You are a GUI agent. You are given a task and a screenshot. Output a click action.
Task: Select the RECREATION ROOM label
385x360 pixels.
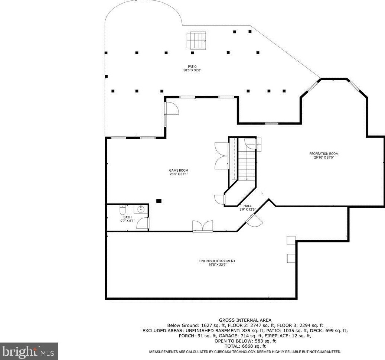(324, 154)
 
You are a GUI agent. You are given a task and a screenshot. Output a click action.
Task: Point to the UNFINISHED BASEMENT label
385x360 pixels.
(217, 261)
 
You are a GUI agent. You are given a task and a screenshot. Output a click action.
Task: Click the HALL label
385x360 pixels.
(247, 206)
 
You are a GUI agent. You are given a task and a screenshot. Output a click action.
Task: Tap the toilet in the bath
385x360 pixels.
(123, 211)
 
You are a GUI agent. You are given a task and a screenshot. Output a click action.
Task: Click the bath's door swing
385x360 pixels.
(143, 223)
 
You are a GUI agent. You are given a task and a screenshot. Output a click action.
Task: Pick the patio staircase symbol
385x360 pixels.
(196, 40)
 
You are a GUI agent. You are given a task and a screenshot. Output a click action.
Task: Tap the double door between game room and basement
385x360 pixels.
(202, 226)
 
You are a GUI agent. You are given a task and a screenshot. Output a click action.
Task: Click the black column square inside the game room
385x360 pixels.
(159, 201)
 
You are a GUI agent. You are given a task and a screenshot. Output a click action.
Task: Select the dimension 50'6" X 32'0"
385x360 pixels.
(192, 70)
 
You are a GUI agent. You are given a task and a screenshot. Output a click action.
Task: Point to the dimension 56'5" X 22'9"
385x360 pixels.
(217, 265)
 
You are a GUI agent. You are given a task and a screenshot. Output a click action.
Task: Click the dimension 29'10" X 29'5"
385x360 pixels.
(324, 157)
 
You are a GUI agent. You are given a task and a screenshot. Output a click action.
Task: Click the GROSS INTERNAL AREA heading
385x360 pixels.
(245, 320)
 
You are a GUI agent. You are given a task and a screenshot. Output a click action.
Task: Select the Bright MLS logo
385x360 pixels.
(29, 351)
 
